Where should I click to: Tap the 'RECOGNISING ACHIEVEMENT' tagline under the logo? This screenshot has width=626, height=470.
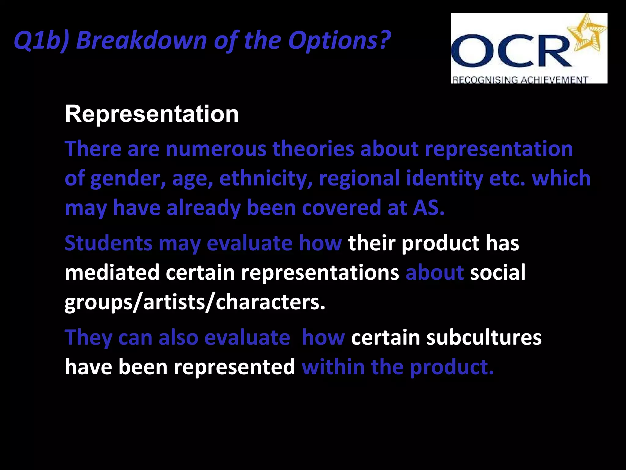520,80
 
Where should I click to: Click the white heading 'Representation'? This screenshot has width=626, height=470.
152,114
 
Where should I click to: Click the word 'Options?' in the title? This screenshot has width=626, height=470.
339,40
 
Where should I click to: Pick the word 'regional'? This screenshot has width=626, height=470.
359,178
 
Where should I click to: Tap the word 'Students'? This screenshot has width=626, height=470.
109,243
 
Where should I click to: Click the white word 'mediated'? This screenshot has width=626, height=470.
112,272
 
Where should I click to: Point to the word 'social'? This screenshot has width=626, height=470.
498,272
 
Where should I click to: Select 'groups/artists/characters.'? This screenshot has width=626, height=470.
195,302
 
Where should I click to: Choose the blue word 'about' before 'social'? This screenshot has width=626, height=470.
434,272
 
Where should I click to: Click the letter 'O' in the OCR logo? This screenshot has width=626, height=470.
472,50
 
